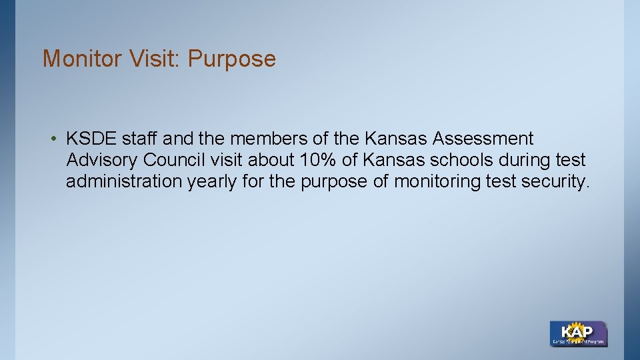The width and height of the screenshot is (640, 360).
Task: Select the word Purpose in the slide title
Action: (231, 59)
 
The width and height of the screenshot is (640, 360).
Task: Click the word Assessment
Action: (483, 139)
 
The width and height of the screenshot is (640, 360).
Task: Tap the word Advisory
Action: (102, 161)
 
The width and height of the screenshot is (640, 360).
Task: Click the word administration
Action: (124, 182)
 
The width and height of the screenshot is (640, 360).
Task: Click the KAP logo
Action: (578, 333)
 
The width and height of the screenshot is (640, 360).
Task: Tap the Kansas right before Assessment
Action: (396, 139)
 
